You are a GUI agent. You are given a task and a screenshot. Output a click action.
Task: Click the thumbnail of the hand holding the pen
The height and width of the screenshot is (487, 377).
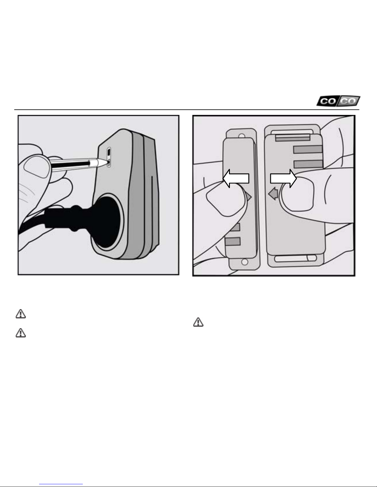pyautogui.click(x=37, y=167)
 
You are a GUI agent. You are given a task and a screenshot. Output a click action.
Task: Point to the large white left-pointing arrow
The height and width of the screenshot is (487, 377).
pyautogui.click(x=236, y=179)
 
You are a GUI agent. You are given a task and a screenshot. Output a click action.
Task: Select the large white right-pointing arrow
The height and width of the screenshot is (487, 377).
pyautogui.click(x=283, y=179)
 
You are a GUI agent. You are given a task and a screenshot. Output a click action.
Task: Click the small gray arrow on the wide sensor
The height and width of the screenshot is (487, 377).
pyautogui.click(x=273, y=193)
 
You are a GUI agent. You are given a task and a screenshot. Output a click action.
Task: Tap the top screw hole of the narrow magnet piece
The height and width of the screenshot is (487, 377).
pyautogui.click(x=242, y=136)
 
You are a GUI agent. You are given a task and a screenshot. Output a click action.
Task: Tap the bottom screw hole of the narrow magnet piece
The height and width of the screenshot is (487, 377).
pyautogui.click(x=245, y=261)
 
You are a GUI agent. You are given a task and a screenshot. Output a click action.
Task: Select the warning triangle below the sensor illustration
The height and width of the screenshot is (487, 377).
pyautogui.click(x=198, y=322)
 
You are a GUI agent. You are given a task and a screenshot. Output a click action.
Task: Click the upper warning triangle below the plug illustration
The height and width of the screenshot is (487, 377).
pyautogui.click(x=21, y=314)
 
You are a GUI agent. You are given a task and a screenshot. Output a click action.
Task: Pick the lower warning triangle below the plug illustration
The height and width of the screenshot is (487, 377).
pyautogui.click(x=21, y=333)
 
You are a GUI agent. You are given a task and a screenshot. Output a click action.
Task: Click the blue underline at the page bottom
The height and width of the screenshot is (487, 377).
pyautogui.click(x=61, y=484)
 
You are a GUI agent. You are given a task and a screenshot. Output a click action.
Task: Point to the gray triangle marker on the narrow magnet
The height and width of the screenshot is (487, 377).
pyautogui.click(x=249, y=197)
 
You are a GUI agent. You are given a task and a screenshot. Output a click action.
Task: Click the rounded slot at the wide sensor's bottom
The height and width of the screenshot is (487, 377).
pyautogui.click(x=295, y=258)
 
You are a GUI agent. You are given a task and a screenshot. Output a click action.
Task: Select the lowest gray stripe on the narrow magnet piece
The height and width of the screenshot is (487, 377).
pyautogui.click(x=233, y=242)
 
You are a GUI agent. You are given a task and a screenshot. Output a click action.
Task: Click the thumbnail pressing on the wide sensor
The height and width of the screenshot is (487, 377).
pyautogui.click(x=297, y=194)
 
